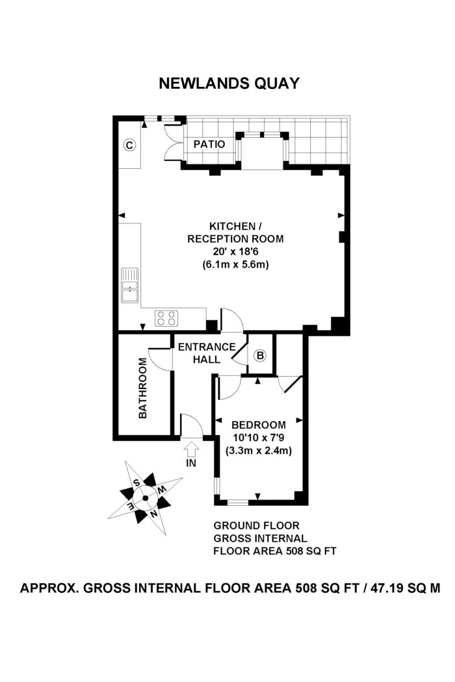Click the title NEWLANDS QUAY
(230, 83)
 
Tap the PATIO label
(209, 144)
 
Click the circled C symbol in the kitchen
(129, 145)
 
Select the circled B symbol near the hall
(260, 355)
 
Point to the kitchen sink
(130, 285)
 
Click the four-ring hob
(166, 318)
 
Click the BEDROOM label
(258, 425)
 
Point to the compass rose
(145, 498)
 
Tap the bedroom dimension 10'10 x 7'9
(258, 437)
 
